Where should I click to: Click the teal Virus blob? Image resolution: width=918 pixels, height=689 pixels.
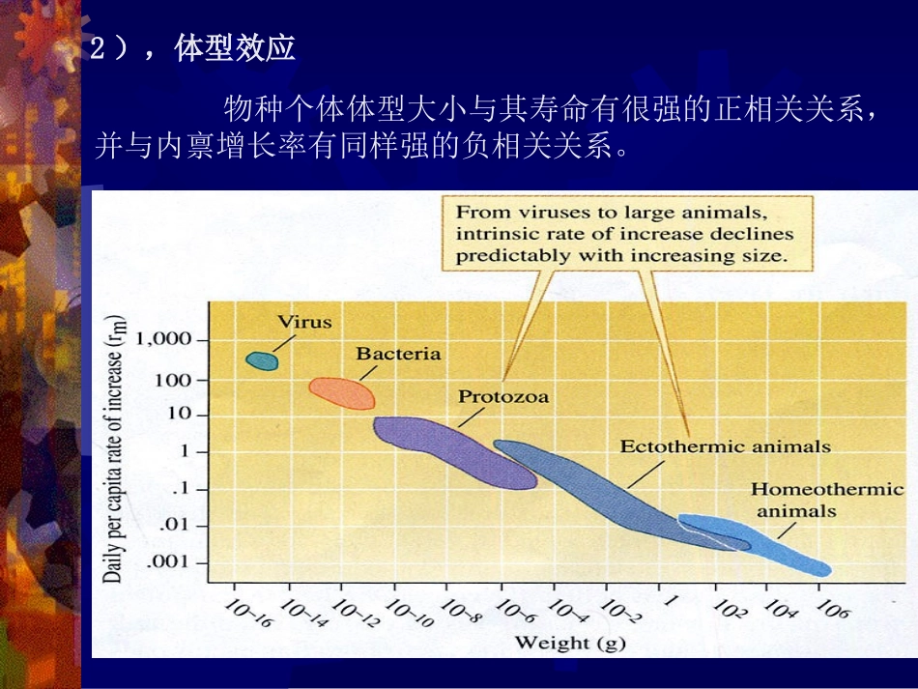tap(262, 360)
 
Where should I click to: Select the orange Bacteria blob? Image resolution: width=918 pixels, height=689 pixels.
tap(343, 392)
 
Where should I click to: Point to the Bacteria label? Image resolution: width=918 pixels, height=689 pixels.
tap(398, 354)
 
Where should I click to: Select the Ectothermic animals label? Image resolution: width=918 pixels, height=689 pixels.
tap(725, 446)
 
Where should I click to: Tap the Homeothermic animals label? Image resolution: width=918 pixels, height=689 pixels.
tap(827, 499)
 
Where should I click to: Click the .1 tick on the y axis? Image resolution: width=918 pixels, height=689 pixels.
tap(185, 489)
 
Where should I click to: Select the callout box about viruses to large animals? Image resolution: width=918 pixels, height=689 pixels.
tap(626, 233)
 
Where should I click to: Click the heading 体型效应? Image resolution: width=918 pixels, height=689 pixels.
tap(235, 49)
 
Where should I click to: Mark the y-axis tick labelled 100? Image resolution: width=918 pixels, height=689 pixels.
tap(175, 380)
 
